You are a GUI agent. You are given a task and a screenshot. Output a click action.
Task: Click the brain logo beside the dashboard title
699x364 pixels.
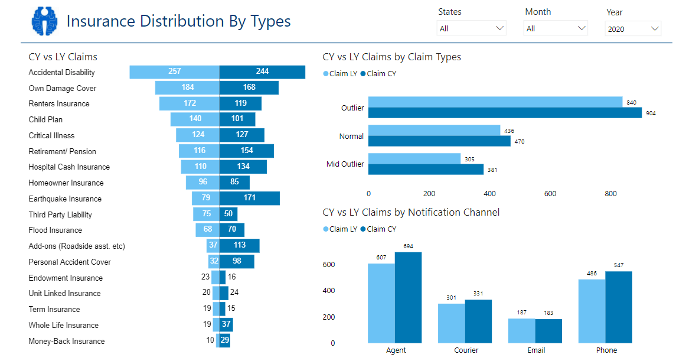(46, 21)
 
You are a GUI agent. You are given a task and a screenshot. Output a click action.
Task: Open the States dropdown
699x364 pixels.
(472, 28)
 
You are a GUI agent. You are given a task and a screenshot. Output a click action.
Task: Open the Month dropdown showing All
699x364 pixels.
(556, 28)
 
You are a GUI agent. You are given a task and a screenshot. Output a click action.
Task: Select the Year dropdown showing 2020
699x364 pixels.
(632, 29)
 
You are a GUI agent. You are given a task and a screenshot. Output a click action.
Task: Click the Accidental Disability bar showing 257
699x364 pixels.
(175, 72)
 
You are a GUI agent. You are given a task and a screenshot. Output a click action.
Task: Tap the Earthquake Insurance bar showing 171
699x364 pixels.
(250, 199)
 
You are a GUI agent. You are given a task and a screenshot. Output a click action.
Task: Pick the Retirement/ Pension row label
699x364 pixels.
(63, 151)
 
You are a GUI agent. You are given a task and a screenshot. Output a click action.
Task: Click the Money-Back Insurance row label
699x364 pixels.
(67, 341)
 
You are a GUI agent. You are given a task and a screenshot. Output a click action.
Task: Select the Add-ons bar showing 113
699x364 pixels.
(240, 246)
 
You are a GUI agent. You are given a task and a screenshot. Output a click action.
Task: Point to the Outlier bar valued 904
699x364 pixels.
(505, 113)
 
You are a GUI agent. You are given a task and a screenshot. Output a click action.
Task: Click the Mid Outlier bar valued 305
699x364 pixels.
(414, 159)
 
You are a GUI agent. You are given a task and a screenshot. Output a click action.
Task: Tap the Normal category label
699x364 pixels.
(351, 136)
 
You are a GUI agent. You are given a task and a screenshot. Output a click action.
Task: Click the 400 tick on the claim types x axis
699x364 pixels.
(489, 194)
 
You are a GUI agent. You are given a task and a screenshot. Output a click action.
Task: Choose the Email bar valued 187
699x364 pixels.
(522, 331)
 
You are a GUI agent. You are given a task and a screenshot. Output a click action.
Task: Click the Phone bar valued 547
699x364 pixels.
(619, 307)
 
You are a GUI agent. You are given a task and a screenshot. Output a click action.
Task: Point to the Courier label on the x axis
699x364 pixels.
(466, 350)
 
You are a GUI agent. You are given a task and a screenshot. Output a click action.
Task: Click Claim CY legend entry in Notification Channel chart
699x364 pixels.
(378, 229)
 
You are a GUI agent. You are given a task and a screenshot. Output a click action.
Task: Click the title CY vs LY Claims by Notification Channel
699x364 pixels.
(411, 212)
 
